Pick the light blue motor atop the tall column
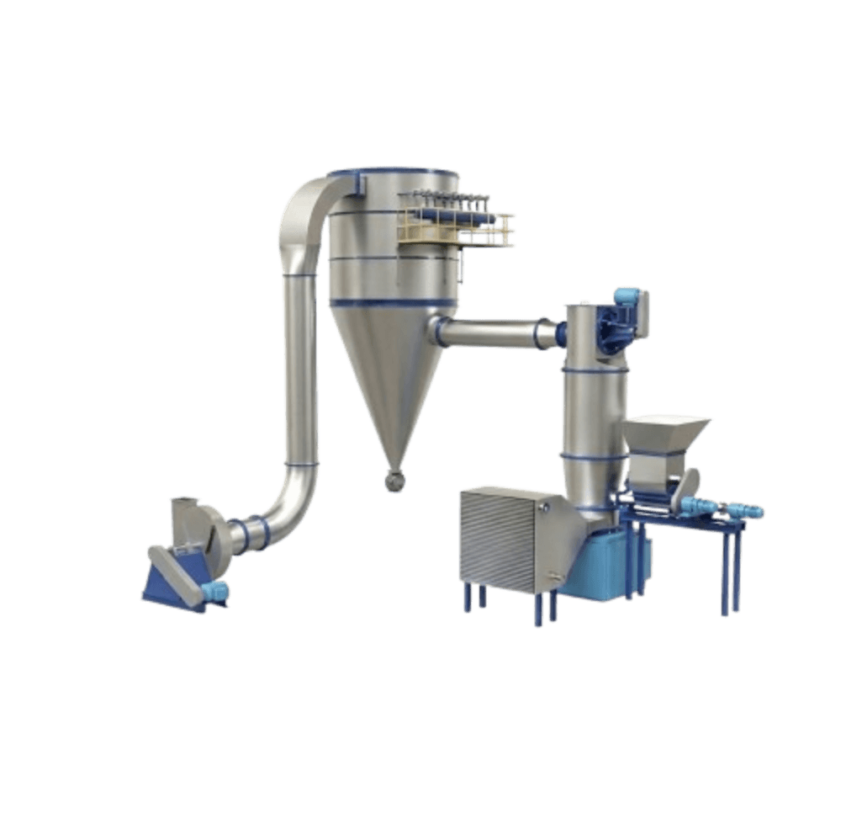click(x=627, y=296)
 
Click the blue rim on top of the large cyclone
click(x=395, y=172)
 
